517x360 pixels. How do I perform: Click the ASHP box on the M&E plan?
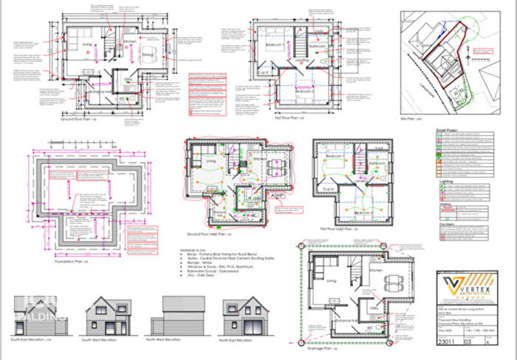pyautogui.click(x=284, y=198)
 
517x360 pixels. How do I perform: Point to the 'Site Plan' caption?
pyautogui.click(x=434, y=118)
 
